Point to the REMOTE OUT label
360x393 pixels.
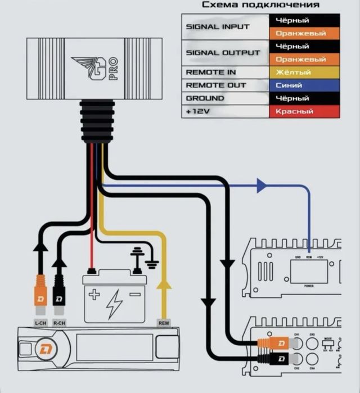click(x=215, y=85)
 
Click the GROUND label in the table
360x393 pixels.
click(x=204, y=98)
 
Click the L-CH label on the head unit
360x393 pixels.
click(x=40, y=323)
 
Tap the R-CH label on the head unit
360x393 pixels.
click(x=59, y=323)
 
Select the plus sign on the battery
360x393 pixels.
click(x=93, y=293)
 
